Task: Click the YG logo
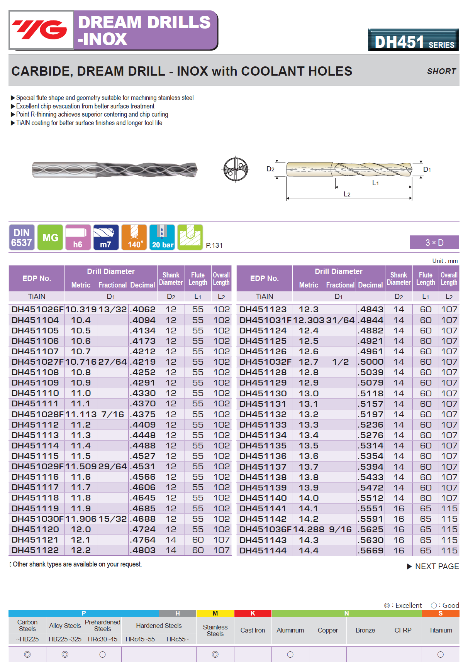41,30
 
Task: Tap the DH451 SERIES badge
414,41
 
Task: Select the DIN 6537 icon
22,237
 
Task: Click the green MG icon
50,237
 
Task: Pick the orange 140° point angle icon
134,237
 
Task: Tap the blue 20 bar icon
162,237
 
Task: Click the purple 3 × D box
434,242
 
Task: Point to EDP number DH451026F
37,310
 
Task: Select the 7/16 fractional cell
112,414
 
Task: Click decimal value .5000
371,362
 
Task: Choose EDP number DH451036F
265,529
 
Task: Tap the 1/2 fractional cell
340,362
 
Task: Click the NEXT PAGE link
433,567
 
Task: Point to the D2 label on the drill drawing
270,169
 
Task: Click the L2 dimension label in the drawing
347,194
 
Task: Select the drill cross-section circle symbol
236,169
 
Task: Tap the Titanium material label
440,630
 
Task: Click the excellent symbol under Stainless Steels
215,655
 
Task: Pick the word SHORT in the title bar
441,71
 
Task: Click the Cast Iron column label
253,630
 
